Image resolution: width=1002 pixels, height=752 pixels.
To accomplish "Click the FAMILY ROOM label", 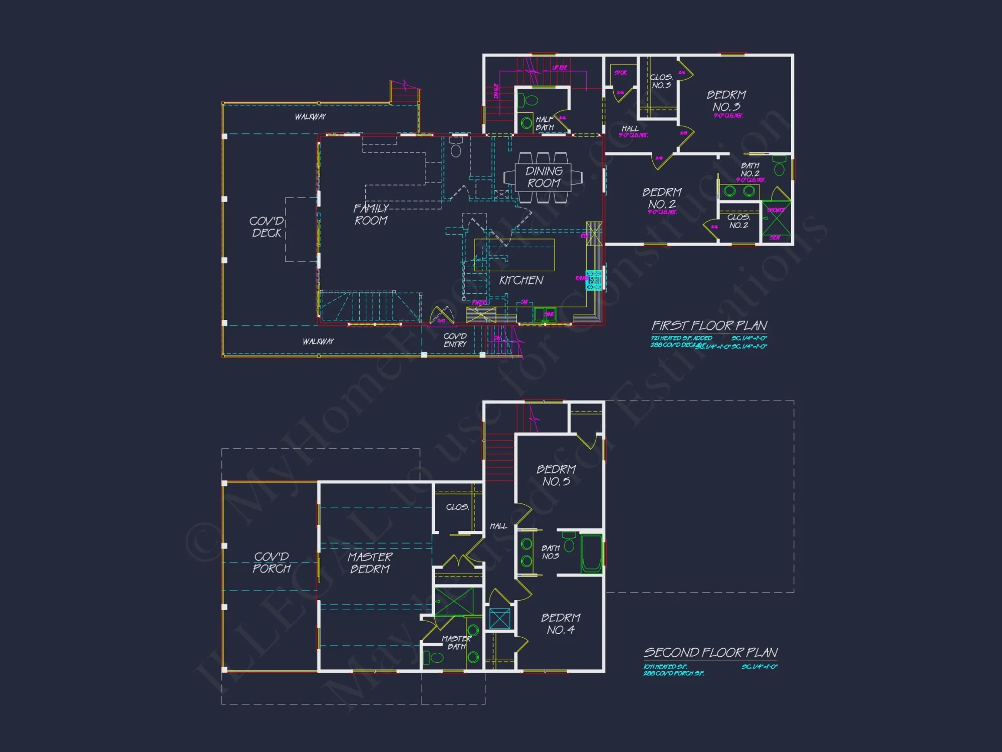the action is click(x=371, y=214).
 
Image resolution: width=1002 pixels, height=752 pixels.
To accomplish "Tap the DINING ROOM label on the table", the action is click(x=544, y=177).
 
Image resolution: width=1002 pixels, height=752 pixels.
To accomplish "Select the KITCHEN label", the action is click(x=521, y=280).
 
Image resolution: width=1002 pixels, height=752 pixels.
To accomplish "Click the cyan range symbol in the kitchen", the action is click(x=594, y=280).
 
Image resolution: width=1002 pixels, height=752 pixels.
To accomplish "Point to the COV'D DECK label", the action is click(x=267, y=227).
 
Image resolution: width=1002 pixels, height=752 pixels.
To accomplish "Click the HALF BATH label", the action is click(x=545, y=123).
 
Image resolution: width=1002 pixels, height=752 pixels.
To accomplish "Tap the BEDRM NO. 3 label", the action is click(x=726, y=101).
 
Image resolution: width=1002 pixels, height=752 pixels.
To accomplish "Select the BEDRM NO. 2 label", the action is click(x=662, y=198).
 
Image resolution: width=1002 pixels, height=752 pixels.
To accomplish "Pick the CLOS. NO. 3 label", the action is click(x=661, y=81).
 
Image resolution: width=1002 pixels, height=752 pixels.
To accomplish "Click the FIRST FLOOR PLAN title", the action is click(x=709, y=325).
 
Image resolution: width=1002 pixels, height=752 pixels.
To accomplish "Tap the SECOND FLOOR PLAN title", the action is click(x=710, y=652).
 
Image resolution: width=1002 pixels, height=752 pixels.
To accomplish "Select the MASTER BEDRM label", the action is click(x=370, y=562).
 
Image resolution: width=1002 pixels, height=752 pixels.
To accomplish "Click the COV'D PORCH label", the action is click(x=271, y=562).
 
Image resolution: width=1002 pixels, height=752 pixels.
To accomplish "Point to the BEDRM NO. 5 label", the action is click(x=556, y=475).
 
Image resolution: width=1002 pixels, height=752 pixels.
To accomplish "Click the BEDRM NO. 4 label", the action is click(x=561, y=624).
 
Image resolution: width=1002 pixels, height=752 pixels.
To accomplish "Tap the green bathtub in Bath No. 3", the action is click(x=591, y=553).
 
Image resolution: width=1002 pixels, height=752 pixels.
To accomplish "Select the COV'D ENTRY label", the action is click(x=455, y=340).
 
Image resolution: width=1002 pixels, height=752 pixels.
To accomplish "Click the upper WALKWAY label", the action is click(x=310, y=116).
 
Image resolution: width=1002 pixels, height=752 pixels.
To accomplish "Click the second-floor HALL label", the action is click(x=498, y=526).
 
